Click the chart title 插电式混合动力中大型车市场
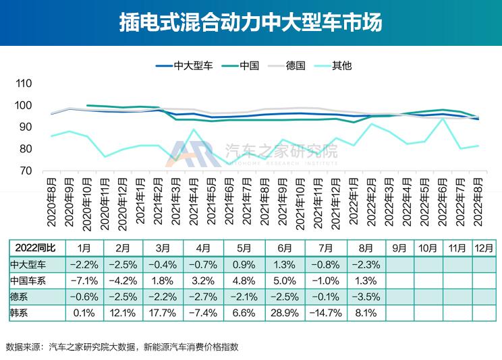pos(250,22)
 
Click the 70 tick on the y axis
pos(26,171)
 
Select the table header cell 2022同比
pos(31,247)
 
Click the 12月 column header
pos(483,247)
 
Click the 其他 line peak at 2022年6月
pos(442,119)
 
